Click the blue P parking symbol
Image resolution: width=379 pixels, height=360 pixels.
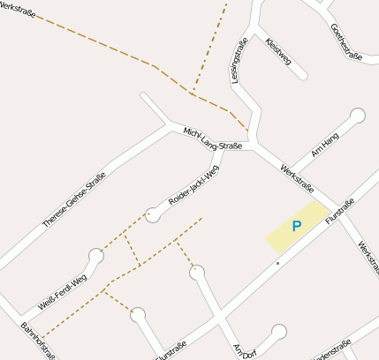click(x=297, y=227)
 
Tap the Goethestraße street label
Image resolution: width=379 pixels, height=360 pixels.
click(x=346, y=41)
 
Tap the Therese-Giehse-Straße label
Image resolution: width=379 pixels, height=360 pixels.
click(x=74, y=200)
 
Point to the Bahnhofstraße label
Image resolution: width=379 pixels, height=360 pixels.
click(x=38, y=341)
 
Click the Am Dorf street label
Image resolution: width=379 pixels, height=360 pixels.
click(x=243, y=349)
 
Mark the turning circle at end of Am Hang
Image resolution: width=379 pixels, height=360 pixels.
click(x=357, y=115)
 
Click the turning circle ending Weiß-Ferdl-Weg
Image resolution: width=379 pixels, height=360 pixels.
click(x=95, y=256)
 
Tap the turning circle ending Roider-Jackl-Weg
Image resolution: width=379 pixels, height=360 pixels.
click(x=153, y=214)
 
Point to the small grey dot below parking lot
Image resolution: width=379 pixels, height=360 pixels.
click(x=277, y=262)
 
